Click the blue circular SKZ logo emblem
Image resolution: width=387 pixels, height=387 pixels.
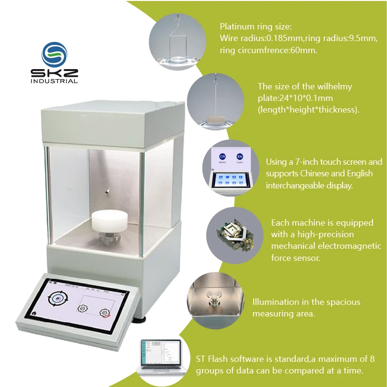coord(54,55)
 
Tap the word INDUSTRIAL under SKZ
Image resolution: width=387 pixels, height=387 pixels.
coord(54,81)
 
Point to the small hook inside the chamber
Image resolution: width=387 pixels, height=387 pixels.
coord(107,192)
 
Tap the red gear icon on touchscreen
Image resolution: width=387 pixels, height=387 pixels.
coord(105,313)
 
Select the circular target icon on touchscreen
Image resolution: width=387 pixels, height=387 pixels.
coord(58,299)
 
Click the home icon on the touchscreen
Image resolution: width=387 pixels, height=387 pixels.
coord(34,313)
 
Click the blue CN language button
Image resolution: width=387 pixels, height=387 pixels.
coord(222,156)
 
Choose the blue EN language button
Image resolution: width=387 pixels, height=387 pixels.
coord(240,157)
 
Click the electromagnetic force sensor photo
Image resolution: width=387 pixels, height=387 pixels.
coord(235,235)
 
